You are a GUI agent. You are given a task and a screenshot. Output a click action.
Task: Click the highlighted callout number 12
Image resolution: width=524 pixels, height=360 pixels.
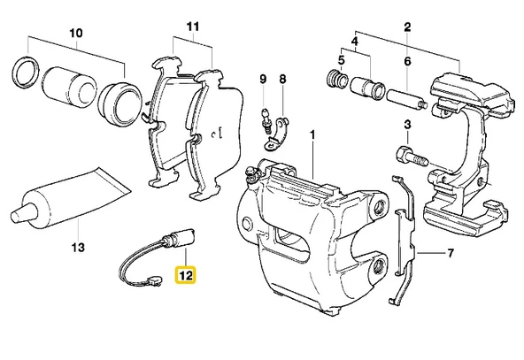(186, 275)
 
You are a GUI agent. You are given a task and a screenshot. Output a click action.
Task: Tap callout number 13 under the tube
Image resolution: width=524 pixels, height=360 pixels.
(78, 248)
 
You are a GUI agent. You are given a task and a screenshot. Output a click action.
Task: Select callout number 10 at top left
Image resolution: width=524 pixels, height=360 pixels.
(76, 33)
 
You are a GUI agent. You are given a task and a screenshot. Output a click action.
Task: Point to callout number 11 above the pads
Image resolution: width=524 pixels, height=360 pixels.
(192, 27)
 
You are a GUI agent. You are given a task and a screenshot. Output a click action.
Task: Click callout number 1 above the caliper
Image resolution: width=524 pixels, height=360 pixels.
(312, 135)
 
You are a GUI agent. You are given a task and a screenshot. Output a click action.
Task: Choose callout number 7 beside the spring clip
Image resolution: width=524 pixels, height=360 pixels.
(451, 253)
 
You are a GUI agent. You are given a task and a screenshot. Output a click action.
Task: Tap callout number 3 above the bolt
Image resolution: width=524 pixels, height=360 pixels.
(407, 125)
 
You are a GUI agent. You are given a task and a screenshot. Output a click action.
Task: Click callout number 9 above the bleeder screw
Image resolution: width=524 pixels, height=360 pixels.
(264, 79)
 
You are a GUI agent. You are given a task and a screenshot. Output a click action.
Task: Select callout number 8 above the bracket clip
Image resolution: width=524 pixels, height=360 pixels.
(282, 79)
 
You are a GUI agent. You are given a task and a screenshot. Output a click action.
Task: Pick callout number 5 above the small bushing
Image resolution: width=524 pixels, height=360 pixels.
(341, 60)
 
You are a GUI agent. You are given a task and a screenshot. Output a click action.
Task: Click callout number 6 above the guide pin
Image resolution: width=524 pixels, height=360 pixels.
(407, 61)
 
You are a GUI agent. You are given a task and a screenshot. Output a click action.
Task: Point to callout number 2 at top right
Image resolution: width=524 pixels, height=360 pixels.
(407, 27)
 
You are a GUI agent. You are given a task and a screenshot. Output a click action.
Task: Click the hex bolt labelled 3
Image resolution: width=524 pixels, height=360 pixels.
(412, 157)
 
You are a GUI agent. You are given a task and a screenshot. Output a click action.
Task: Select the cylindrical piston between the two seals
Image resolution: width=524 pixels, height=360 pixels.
(68, 88)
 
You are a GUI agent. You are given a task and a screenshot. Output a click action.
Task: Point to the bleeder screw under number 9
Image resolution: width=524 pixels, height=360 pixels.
(266, 121)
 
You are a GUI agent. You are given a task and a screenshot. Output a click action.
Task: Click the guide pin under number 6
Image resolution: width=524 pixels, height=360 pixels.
(406, 99)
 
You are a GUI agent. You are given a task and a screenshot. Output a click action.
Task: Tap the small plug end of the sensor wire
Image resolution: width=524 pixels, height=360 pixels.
(154, 281)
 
